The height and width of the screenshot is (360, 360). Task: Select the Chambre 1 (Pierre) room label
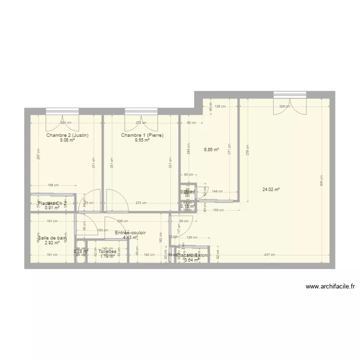tap(143, 135)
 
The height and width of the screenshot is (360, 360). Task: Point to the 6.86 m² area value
tap(211, 149)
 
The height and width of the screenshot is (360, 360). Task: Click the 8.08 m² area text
tap(67, 140)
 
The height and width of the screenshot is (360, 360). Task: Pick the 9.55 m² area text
tap(143, 140)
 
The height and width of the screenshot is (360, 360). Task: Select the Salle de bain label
tap(52, 238)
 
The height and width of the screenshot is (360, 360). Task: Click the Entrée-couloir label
tap(131, 233)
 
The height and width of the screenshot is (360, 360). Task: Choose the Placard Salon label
tap(192, 255)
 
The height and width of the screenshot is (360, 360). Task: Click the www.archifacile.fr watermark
tap(330, 287)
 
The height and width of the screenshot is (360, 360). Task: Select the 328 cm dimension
tap(285, 107)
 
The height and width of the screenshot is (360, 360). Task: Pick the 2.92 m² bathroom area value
tap(52, 242)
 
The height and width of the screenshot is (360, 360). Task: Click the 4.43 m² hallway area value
tap(131, 237)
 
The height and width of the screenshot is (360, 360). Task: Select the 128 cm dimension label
tap(221, 107)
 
